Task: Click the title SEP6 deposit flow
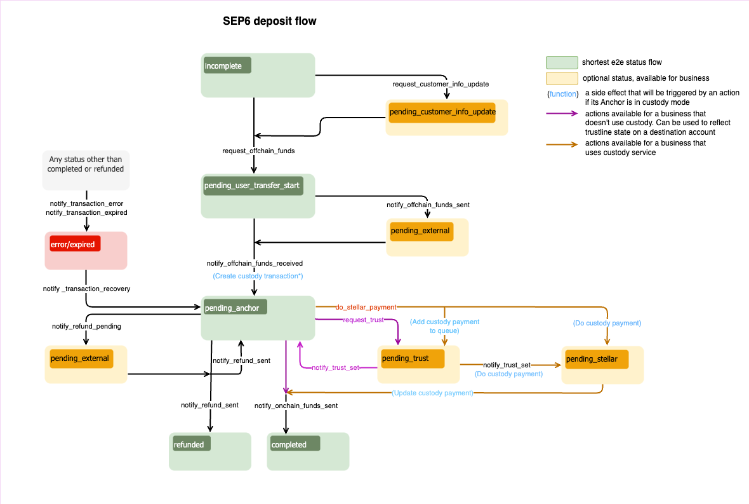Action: coord(269,21)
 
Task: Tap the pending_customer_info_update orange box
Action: coord(442,112)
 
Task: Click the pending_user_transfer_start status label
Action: coord(252,186)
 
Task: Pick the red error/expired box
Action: coord(76,243)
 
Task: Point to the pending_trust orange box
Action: coord(411,358)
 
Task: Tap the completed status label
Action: coord(293,444)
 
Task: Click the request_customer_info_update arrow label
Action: coord(441,84)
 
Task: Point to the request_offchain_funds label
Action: coord(258,151)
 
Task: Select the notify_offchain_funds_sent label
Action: coord(428,205)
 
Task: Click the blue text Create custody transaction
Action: coord(257,276)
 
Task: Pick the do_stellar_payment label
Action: coord(366,308)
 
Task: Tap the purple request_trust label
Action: coord(363,320)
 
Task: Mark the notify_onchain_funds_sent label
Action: coord(296,405)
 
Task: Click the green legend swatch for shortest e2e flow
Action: coord(562,62)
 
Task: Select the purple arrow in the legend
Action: coord(562,114)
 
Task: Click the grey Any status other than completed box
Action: coord(86,169)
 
